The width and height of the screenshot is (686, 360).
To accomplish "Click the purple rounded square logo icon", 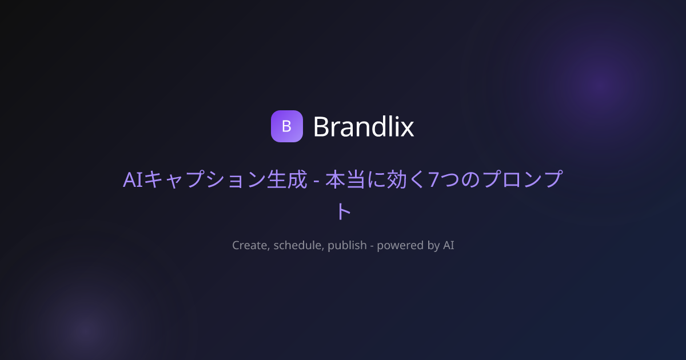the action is (286, 126).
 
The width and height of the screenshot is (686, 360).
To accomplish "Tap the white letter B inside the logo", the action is (286, 126).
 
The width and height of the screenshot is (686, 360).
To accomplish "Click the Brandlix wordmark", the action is (364, 126).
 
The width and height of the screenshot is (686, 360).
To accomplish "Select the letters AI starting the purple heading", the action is (133, 179).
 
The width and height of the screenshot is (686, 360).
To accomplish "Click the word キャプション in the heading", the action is (205, 179).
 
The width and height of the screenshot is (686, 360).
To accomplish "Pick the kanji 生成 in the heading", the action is (287, 179).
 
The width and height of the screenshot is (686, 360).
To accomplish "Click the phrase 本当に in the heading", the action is (356, 179).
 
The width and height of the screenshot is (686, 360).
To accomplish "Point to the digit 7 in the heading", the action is (433, 179).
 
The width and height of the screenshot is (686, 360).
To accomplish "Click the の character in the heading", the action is (470, 179).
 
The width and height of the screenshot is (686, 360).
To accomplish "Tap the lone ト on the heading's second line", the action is (344, 211).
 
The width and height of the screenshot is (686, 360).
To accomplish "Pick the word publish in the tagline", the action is (347, 246).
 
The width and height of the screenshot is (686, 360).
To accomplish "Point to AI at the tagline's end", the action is (449, 246).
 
